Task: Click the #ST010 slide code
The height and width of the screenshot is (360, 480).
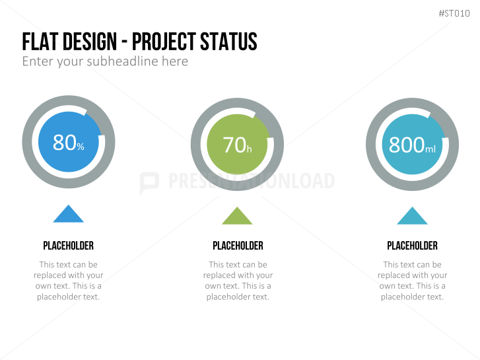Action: pos(454,13)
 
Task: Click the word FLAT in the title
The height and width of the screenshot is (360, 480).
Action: pos(39,42)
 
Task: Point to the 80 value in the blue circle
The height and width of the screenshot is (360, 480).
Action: pos(64,143)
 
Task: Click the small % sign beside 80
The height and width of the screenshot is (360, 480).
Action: pos(81,147)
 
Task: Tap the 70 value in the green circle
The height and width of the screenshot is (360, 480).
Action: pos(234,145)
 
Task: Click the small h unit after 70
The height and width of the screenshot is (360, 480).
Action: pos(249,149)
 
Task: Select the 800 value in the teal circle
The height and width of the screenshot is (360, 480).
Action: pos(407,145)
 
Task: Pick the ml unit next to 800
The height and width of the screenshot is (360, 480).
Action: pos(430,149)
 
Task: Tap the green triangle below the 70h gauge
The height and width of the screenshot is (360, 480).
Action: pos(237,216)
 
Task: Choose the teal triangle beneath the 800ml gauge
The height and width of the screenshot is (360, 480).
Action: pos(412,216)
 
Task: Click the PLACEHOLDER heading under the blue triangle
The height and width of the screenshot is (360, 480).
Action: pos(68,246)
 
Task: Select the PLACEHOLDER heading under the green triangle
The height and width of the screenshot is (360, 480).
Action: pos(238,246)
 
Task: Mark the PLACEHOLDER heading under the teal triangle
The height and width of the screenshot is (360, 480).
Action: pos(413,246)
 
